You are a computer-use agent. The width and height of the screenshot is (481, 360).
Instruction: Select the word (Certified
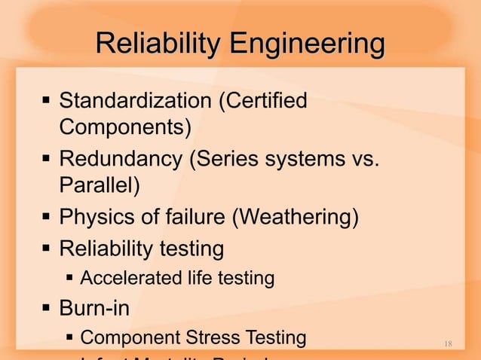coord(262,100)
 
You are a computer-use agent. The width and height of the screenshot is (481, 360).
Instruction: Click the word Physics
coord(96,218)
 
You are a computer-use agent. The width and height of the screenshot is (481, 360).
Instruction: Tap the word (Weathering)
coord(294,218)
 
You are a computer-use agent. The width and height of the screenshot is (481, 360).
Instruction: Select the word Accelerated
coord(124,279)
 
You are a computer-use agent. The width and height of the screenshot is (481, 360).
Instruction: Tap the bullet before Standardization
coord(47,100)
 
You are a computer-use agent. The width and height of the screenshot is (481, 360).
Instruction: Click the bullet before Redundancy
coord(47,159)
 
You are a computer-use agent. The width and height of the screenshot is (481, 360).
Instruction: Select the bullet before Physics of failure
coord(47,218)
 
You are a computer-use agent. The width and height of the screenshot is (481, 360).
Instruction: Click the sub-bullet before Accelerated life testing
coord(69,279)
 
